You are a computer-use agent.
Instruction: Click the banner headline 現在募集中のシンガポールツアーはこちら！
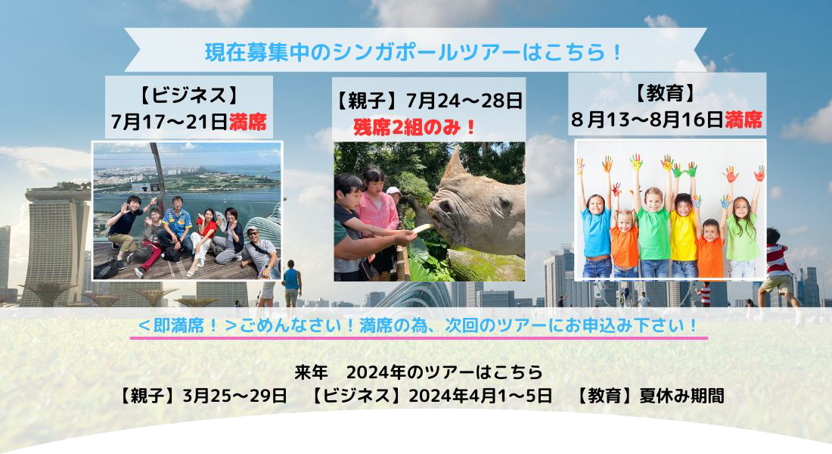click(x=413, y=52)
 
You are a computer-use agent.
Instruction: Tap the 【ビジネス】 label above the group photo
click(x=189, y=96)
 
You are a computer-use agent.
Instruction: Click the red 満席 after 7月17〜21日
click(x=247, y=122)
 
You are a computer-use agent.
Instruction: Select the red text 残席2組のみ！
click(x=415, y=127)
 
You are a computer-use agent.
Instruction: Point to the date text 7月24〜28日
click(x=464, y=100)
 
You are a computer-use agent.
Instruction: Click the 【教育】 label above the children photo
click(x=666, y=94)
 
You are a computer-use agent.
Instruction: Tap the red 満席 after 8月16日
click(x=744, y=120)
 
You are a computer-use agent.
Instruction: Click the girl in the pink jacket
click(x=377, y=218)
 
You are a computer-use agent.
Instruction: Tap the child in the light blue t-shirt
click(x=596, y=234)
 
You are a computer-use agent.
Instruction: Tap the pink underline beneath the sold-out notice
click(x=419, y=337)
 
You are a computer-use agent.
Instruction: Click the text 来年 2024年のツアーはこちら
click(x=419, y=372)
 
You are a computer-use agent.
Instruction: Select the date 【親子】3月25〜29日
click(x=202, y=396)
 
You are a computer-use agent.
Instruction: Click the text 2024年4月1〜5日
click(x=480, y=396)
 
